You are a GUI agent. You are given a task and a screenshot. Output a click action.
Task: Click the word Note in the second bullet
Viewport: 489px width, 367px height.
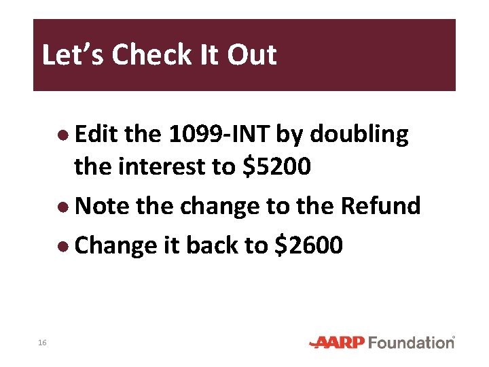101,205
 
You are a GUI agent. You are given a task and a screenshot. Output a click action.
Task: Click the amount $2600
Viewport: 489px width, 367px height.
309,245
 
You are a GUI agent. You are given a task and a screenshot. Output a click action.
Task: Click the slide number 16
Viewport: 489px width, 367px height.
42,343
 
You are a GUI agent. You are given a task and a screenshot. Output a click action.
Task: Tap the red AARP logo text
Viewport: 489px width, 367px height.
337,343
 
